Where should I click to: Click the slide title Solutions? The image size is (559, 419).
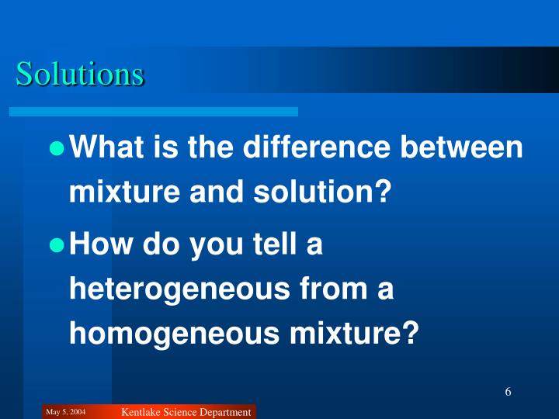[x=80, y=74]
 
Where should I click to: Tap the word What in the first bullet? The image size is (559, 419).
[x=107, y=147]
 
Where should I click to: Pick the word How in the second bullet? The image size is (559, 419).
[x=98, y=245]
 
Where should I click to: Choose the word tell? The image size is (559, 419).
[x=261, y=245]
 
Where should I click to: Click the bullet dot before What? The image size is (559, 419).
[x=56, y=148]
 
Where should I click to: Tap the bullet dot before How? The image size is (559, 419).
[x=56, y=246]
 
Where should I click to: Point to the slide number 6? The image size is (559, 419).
[x=508, y=391]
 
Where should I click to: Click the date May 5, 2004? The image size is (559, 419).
[x=66, y=411]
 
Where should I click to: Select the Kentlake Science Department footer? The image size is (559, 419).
[x=186, y=412]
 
